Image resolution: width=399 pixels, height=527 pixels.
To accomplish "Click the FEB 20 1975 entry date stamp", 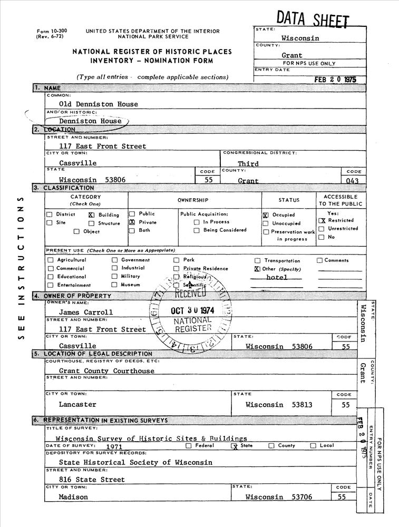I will point(335,80).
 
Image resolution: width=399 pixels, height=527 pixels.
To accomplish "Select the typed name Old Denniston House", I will point(98,104).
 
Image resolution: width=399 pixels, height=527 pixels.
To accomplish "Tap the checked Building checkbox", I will point(91,215).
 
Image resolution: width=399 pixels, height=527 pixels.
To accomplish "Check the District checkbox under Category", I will point(50,214).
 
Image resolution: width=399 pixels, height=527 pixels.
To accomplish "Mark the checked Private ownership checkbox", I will point(132,223).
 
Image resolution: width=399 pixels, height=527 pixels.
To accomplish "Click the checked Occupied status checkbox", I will point(265,216).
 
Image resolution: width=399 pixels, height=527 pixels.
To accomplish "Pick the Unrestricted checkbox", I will point(321,229).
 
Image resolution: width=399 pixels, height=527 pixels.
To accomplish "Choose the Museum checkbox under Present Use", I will point(114,285).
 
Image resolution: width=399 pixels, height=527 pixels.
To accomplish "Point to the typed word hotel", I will point(277,277).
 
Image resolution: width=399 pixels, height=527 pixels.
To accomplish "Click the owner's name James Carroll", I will point(85,312).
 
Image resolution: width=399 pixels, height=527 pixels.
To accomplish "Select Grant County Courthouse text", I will point(106,371).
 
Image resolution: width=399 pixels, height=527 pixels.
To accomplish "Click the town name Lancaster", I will point(77,404).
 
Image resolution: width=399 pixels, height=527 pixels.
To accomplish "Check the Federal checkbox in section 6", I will point(188,446).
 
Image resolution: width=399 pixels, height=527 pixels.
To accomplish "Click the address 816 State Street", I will point(92,480).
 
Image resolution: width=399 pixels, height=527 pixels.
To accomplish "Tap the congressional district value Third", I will point(248,164).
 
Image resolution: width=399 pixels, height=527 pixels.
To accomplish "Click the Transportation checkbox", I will point(258,261).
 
